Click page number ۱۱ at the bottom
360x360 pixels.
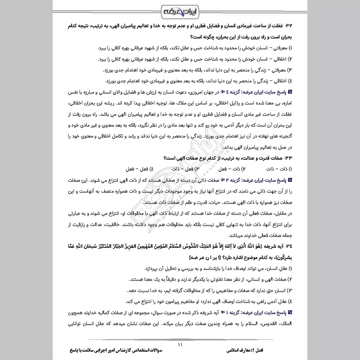[180, 346]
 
